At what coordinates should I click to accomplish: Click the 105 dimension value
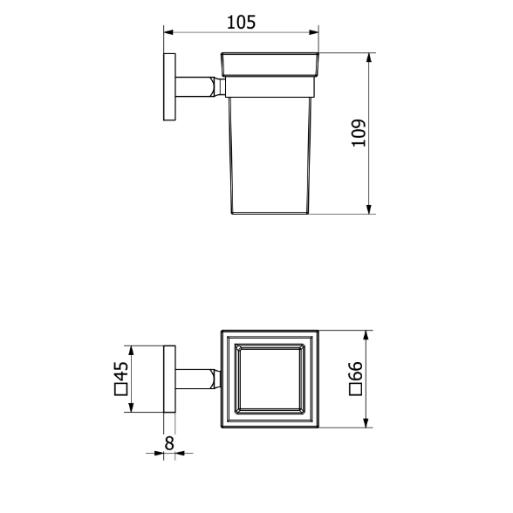(241, 23)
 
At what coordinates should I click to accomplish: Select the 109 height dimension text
(359, 133)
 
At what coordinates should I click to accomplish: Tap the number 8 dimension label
(169, 443)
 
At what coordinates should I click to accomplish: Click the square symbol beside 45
(120, 389)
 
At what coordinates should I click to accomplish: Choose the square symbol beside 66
(356, 389)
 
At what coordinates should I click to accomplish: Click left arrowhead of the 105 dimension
(168, 32)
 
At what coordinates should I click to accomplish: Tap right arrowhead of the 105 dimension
(314, 32)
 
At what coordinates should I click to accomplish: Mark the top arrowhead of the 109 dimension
(369, 58)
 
